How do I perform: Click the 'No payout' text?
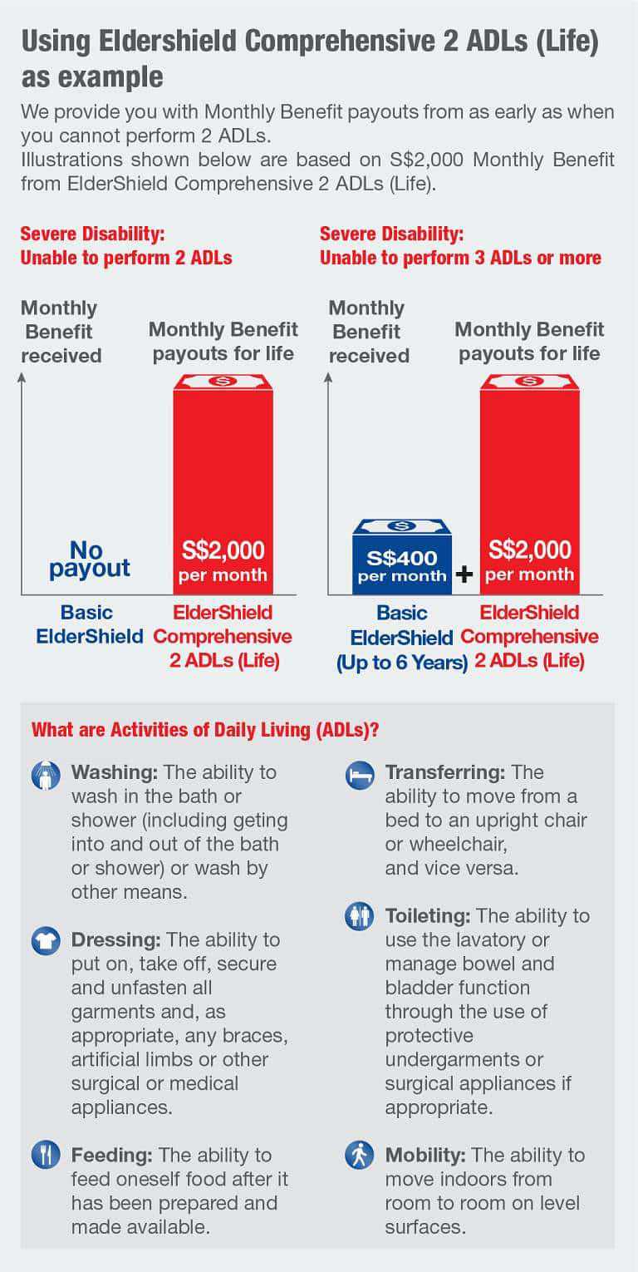coord(89,560)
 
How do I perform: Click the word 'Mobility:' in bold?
coord(424,1156)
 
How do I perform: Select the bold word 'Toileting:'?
coord(428,916)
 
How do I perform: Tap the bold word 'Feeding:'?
coord(112,1156)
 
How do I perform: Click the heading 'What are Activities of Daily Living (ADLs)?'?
coord(205,731)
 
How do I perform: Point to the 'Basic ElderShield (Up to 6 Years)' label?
coord(402,638)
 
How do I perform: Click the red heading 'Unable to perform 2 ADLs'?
coord(126,258)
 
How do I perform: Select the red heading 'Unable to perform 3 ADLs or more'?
coord(460,258)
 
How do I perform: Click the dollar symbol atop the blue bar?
coord(401,525)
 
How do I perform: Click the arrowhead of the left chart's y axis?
coord(22,377)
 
